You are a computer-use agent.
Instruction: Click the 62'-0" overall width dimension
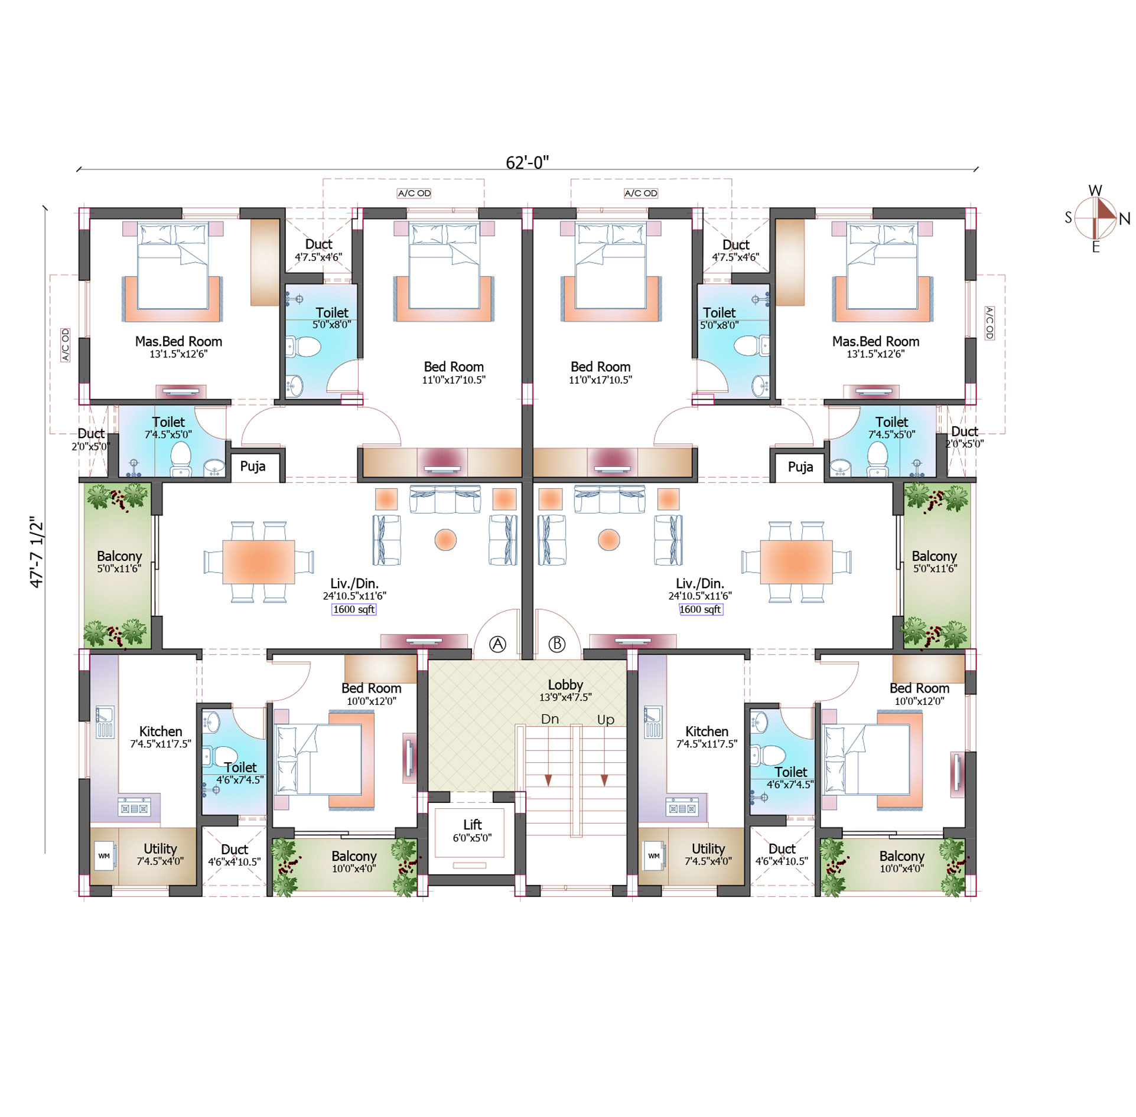pyautogui.click(x=527, y=162)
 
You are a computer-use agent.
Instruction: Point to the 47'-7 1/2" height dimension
pyautogui.click(x=37, y=552)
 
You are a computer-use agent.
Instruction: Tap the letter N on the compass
pyautogui.click(x=1124, y=219)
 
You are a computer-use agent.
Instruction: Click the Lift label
pyautogui.click(x=472, y=825)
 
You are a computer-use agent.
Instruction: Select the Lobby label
pyautogui.click(x=565, y=685)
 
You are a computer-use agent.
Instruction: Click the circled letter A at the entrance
pyautogui.click(x=498, y=644)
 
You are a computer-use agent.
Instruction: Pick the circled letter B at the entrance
pyautogui.click(x=557, y=644)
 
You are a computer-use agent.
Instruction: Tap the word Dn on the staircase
pyautogui.click(x=549, y=719)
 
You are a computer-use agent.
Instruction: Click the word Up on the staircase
pyautogui.click(x=606, y=720)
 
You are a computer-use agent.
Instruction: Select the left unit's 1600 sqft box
pyautogui.click(x=354, y=609)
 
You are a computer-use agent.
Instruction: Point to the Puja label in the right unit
pyautogui.click(x=800, y=467)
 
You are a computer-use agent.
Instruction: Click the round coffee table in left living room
pyautogui.click(x=445, y=540)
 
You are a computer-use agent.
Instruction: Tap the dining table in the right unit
pyautogui.click(x=796, y=561)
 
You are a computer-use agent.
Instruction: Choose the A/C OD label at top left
pyautogui.click(x=414, y=193)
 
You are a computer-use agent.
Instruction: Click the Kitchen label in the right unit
pyautogui.click(x=707, y=731)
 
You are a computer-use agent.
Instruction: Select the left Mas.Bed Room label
pyautogui.click(x=178, y=341)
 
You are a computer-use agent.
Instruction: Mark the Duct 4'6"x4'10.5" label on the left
pyautogui.click(x=234, y=855)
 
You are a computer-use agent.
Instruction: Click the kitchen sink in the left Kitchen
pyautogui.click(x=105, y=722)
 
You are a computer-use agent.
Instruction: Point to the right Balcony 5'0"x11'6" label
pyautogui.click(x=935, y=562)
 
